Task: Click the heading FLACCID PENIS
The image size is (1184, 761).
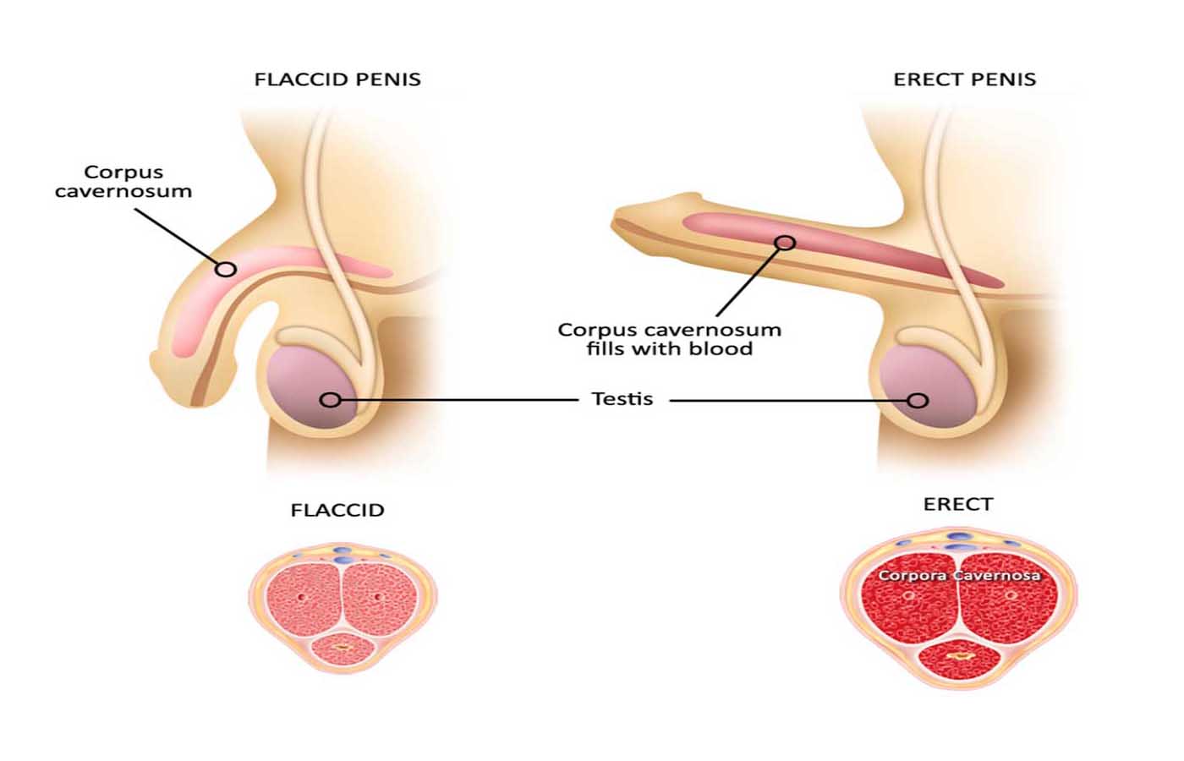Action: pos(337,79)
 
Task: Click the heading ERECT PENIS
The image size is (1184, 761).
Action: pos(964,79)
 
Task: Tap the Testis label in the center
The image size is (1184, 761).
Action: pos(622,399)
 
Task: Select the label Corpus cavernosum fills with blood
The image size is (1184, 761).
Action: pos(669,339)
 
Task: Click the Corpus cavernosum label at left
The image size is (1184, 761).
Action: pos(123,182)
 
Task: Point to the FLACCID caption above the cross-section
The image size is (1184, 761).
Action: pos(337,511)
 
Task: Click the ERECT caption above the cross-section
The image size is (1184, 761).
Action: pos(958,505)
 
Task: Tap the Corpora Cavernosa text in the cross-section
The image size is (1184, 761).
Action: pos(959,576)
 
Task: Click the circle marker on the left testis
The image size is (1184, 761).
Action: pos(330,399)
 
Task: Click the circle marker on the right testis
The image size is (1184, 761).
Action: pos(918,400)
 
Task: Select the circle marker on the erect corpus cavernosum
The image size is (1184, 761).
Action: pos(786,243)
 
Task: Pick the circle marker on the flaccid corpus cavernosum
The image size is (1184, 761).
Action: pos(225,269)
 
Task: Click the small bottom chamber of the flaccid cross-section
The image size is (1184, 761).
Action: pos(343,649)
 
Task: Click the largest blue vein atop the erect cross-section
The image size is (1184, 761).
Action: pos(959,537)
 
